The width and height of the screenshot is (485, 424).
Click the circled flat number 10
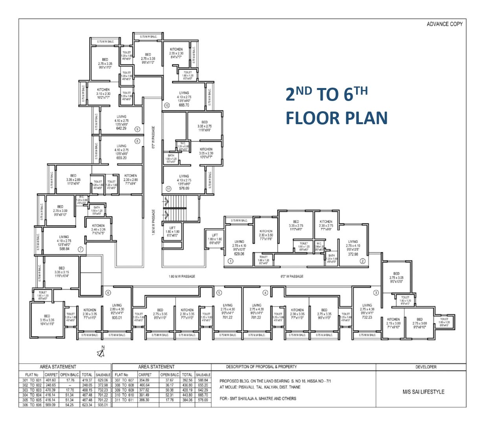coord(167,105)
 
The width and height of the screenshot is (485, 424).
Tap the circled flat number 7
coord(81,249)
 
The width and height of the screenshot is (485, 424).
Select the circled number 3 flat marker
coord(376,293)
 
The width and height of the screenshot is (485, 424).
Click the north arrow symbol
coord(101,352)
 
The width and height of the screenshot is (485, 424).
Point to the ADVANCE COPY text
coord(445,24)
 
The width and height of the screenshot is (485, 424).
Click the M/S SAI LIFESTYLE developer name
coord(423,392)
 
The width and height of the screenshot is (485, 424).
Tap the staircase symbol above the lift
coord(173,209)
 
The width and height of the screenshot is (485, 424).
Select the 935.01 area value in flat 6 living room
coord(117,318)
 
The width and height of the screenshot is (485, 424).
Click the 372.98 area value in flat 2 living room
coord(353,254)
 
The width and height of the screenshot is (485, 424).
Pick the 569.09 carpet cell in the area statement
coord(51,405)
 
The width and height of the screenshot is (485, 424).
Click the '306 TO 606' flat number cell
coord(31,405)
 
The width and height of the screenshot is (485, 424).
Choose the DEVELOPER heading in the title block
coord(426,367)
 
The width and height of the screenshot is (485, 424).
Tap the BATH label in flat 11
coord(171,156)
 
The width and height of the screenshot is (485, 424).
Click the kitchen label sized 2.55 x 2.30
coord(176,50)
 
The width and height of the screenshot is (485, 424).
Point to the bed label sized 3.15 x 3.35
coord(47,316)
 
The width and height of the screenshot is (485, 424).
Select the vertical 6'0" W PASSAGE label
coord(153,137)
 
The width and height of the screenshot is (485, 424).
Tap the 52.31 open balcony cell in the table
coord(170,395)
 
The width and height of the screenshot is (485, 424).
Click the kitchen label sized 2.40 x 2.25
coord(98,226)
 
